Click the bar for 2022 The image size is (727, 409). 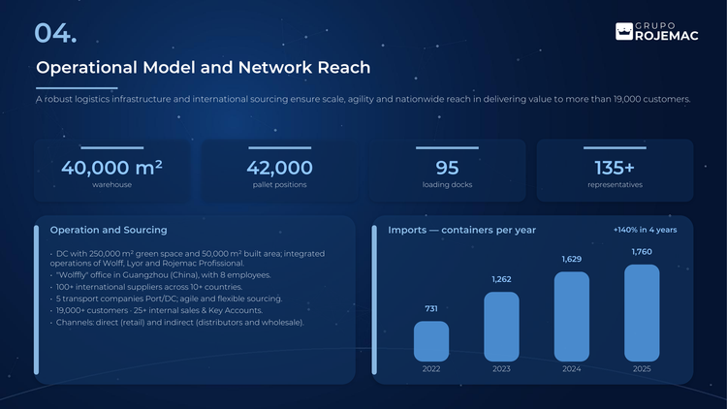click(x=431, y=341)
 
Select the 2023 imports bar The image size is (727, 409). click(x=501, y=327)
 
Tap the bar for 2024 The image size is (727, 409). click(x=572, y=317)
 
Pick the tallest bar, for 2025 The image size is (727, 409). click(x=642, y=313)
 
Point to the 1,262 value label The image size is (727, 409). click(x=501, y=279)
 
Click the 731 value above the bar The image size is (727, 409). click(x=431, y=308)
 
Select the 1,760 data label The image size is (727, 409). click(x=642, y=252)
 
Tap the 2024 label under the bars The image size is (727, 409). click(x=572, y=368)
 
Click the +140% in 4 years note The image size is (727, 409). click(x=645, y=230)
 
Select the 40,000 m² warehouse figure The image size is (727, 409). click(x=111, y=168)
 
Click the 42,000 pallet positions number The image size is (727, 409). click(x=279, y=168)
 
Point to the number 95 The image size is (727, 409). click(x=447, y=168)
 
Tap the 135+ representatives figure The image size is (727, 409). click(x=615, y=168)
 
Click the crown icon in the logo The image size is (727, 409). click(x=624, y=32)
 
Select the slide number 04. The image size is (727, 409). click(x=55, y=33)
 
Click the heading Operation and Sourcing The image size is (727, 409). click(x=109, y=230)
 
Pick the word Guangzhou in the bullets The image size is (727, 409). click(x=142, y=275)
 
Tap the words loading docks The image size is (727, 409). click(x=447, y=184)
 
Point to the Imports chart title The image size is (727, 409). click(x=461, y=230)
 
